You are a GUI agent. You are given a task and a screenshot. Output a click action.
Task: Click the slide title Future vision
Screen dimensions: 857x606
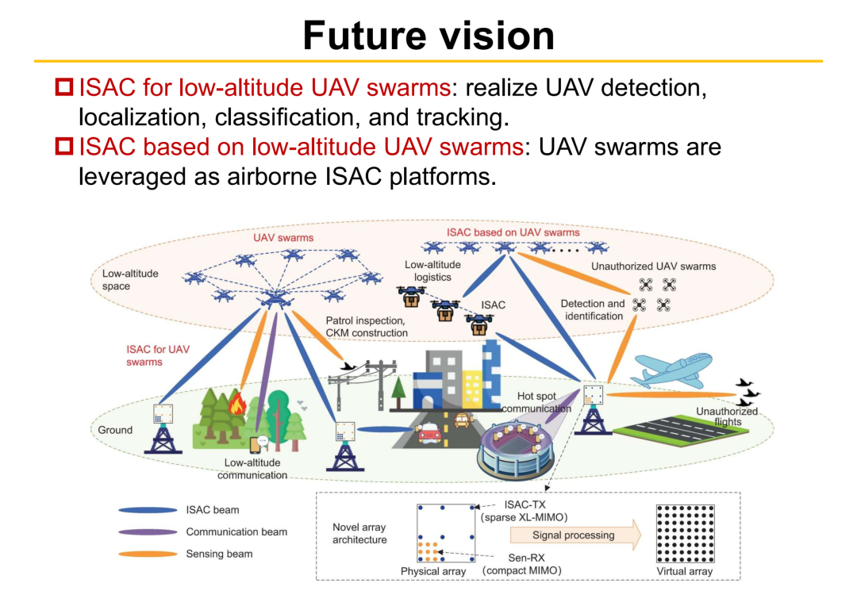coord(428,36)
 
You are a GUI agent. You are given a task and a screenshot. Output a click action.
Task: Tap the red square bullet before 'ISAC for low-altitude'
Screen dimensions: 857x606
coord(64,87)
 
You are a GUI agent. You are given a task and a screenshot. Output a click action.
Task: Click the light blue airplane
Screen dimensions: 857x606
coord(672,370)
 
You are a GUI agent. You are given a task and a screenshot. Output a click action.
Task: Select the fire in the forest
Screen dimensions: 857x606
coord(237,404)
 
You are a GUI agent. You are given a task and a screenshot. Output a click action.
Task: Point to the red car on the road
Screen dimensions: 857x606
coord(429,433)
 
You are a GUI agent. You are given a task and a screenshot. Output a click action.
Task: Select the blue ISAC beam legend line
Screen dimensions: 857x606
coord(148,510)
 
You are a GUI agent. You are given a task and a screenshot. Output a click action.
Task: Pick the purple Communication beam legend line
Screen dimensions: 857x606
coord(148,531)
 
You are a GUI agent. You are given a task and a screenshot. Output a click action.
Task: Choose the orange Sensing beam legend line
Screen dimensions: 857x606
coord(148,554)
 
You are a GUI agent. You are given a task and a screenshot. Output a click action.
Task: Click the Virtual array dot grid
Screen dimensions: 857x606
coord(685,534)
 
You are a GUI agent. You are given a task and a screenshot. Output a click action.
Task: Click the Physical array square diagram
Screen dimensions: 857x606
coord(445,533)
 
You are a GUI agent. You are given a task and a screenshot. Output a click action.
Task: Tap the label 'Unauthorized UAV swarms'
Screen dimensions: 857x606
coord(653,266)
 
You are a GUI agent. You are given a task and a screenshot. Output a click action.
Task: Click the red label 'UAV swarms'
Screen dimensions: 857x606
coord(283,238)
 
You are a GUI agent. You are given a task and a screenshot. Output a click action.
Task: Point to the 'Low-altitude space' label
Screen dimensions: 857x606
coord(130,279)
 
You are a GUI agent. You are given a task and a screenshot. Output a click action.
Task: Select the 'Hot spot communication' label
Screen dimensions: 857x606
coord(536,402)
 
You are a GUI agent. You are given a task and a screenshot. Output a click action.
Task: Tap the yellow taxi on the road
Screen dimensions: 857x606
coord(463,420)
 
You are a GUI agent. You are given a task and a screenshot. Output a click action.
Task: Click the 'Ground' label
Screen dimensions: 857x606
coord(115,430)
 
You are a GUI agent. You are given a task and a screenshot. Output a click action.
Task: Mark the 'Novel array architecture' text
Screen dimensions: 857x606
coord(359,533)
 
